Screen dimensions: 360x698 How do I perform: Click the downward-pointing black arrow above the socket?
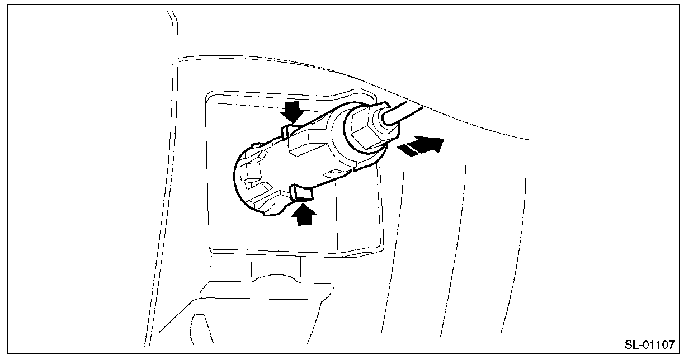pyautogui.click(x=293, y=112)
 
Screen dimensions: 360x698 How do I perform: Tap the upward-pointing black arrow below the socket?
pyautogui.click(x=303, y=214)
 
